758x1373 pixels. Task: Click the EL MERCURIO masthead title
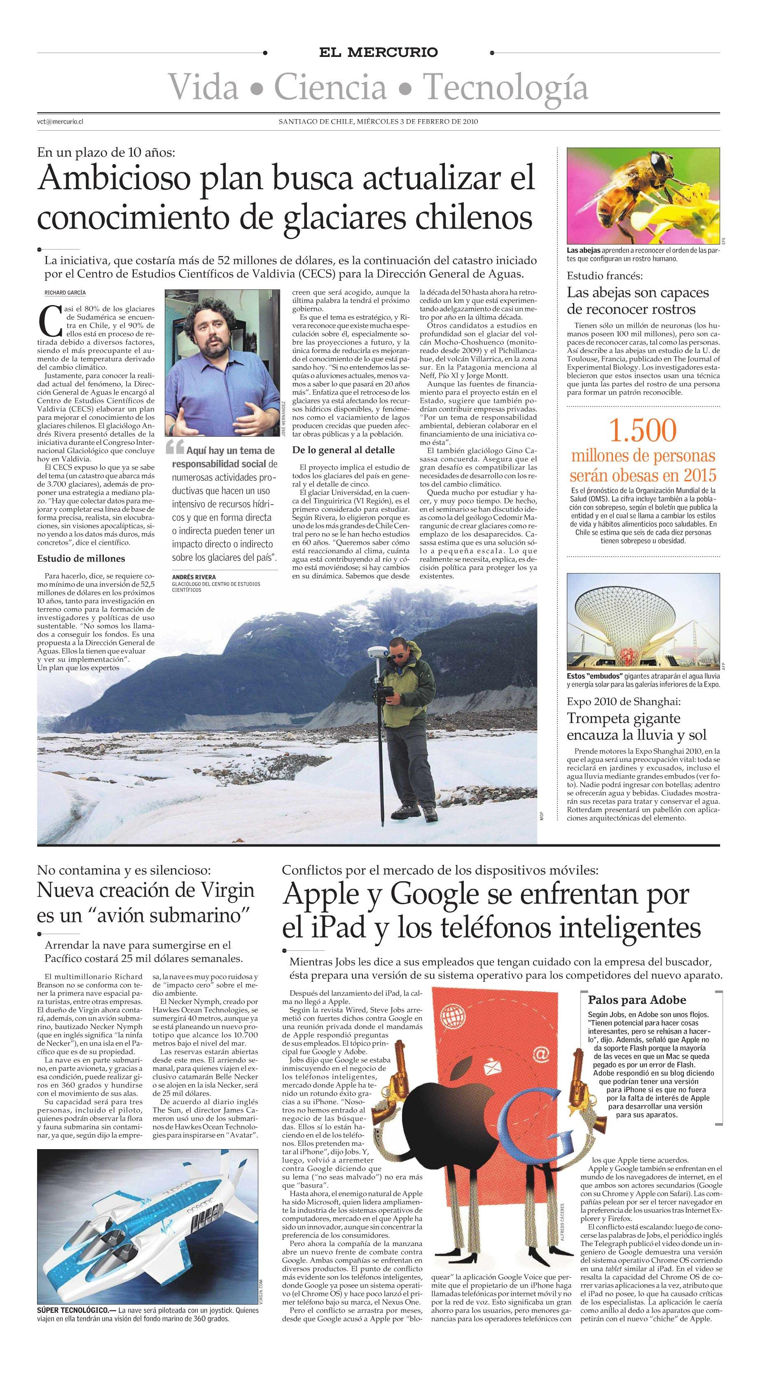point(378,52)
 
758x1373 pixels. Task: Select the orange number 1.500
point(643,431)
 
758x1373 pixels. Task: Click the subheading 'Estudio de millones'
point(81,559)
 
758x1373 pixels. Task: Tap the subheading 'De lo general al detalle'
point(344,450)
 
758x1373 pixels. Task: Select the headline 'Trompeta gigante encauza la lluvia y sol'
point(636,726)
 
